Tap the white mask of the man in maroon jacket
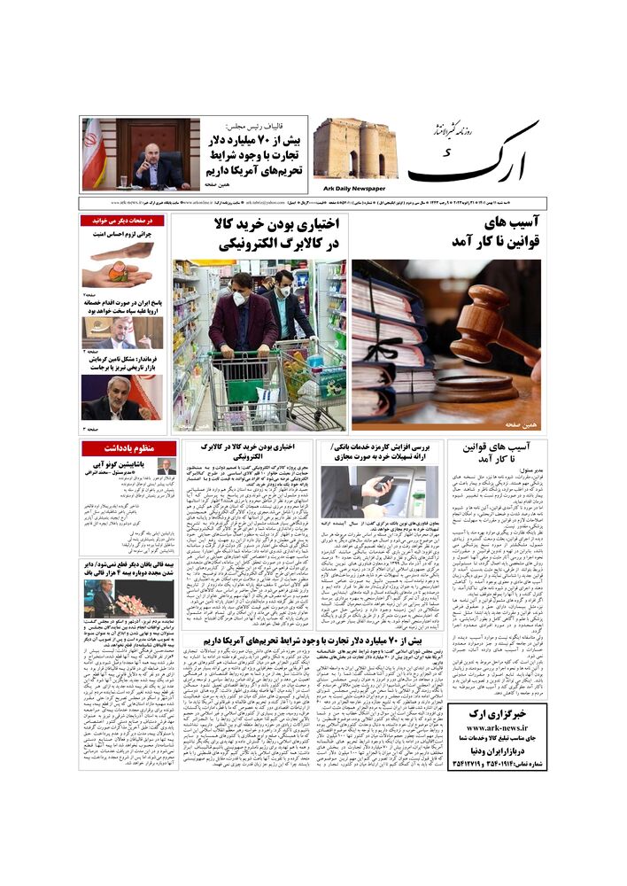point(239,299)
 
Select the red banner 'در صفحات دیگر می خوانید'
point(122,220)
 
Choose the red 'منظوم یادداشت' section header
point(128,448)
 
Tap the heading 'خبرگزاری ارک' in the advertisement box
point(496,713)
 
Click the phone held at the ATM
point(383,483)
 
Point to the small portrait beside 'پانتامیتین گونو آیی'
point(166,466)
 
